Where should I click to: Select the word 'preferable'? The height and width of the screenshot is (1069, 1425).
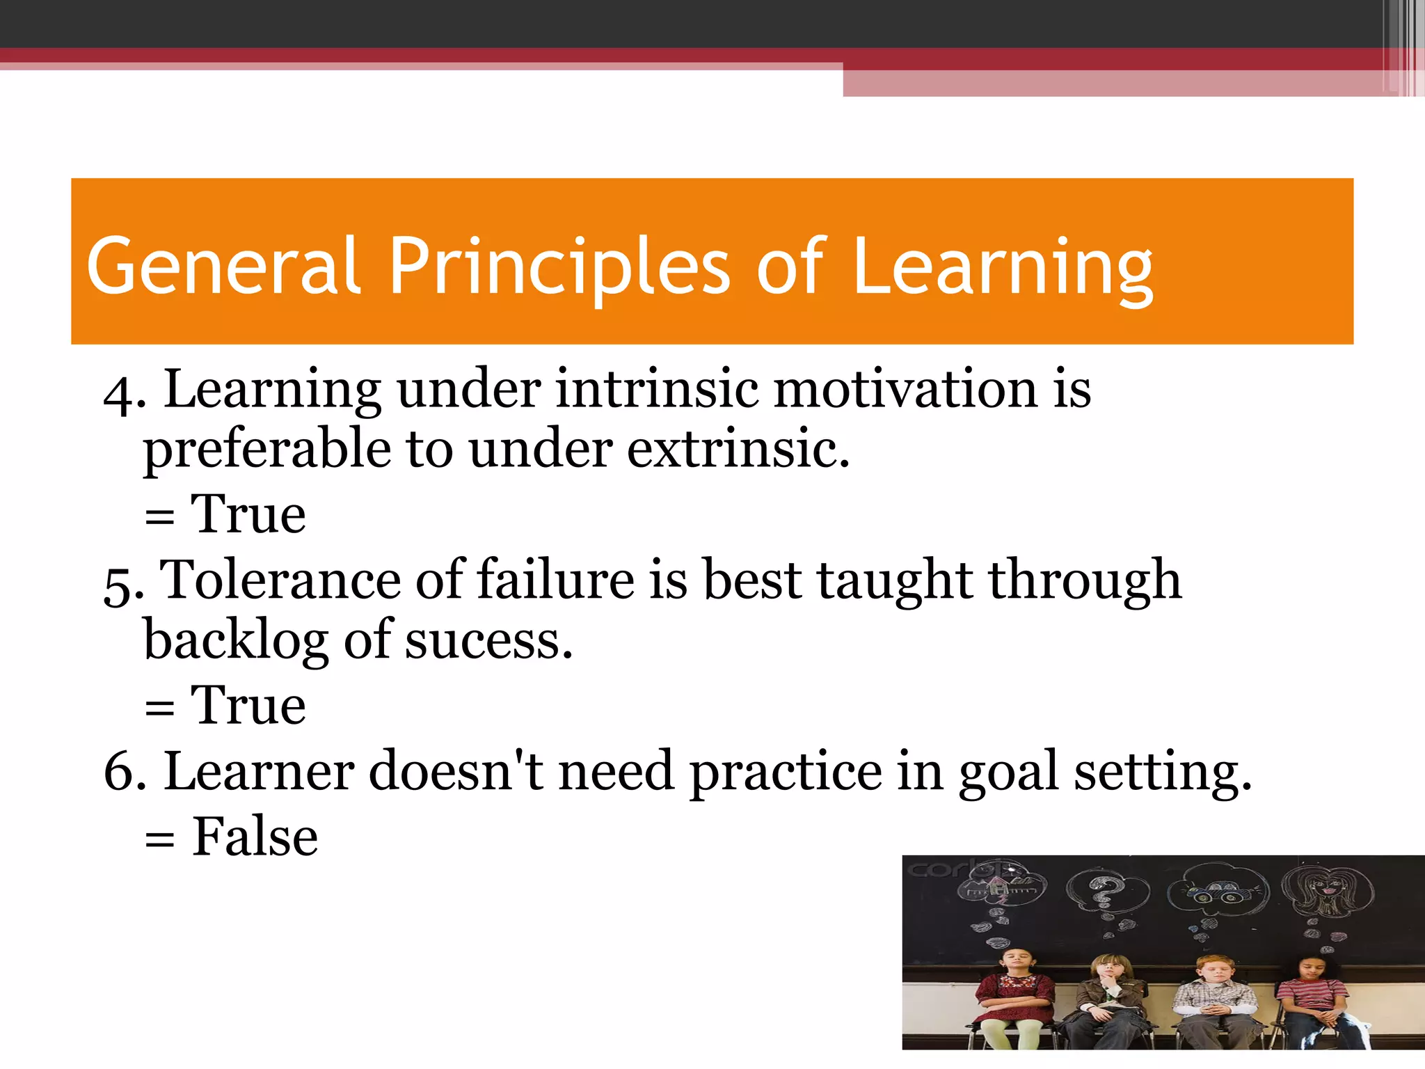pos(267,451)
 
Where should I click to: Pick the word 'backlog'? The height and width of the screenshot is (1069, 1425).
pos(236,641)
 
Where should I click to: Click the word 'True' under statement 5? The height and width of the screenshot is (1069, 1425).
pos(248,706)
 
